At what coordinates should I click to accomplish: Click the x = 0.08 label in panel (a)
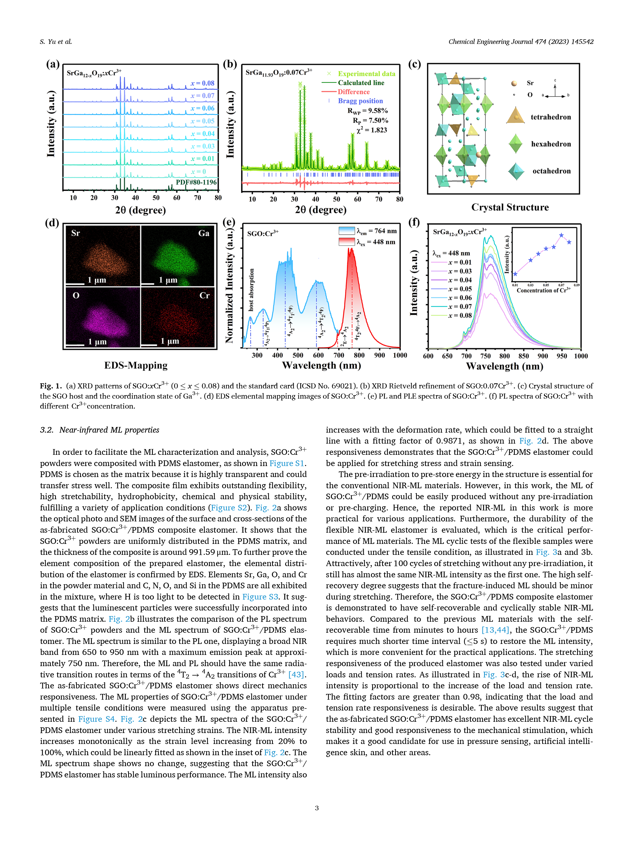tap(203, 83)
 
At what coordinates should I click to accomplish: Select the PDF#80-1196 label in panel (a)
tap(196, 182)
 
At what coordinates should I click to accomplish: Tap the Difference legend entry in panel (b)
tap(353, 92)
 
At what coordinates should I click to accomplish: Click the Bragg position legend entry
tap(360, 101)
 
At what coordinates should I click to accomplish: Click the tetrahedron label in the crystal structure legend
tap(551, 117)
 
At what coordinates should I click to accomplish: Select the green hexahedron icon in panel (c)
tap(516, 144)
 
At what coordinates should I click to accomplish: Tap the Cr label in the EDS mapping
tap(204, 295)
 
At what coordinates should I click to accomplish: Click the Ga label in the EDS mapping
tap(204, 233)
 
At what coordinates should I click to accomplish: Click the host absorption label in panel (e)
tap(251, 290)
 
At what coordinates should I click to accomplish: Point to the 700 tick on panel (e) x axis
tap(339, 355)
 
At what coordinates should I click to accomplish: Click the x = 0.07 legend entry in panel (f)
tap(459, 307)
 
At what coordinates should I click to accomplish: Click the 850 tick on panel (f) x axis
tap(524, 356)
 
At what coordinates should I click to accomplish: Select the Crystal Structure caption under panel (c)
tap(510, 207)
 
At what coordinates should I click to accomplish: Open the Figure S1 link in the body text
tap(287, 463)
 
